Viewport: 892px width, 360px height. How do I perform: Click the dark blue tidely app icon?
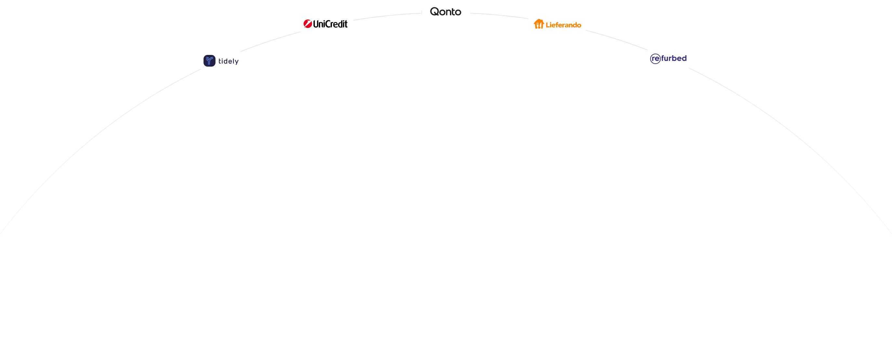pos(209,61)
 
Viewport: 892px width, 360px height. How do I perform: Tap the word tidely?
pos(229,61)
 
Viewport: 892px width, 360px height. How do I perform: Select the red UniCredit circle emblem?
pos(308,23)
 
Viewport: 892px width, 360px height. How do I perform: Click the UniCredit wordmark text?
pos(330,24)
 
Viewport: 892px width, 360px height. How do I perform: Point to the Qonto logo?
pos(446,12)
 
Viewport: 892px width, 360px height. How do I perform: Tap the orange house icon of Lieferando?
pos(539,24)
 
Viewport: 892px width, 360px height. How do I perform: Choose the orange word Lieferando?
pos(563,25)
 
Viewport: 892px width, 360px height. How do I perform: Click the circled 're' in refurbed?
pos(655,59)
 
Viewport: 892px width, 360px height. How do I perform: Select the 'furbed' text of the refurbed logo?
pos(674,58)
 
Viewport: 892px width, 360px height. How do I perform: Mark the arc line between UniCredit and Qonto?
pos(387,16)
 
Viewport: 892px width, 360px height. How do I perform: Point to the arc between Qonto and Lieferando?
pos(499,15)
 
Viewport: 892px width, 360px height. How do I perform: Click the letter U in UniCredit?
pos(317,24)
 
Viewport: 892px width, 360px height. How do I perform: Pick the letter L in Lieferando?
pos(548,25)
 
